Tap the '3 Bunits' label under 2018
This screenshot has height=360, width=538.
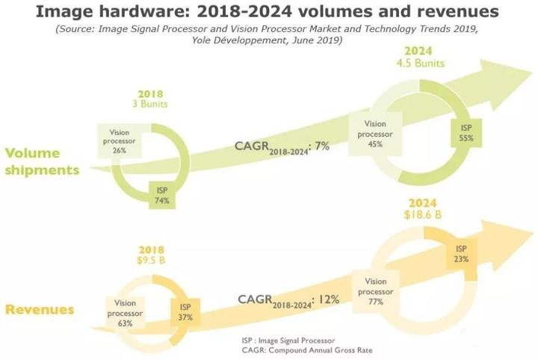point(150,104)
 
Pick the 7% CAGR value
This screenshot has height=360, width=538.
point(321,146)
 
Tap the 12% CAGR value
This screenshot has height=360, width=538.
point(330,299)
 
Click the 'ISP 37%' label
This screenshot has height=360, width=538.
point(185,311)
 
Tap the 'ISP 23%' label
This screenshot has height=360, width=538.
point(460,254)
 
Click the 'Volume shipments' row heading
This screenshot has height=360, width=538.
point(42,162)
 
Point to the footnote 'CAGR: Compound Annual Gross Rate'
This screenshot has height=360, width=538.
point(306,350)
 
